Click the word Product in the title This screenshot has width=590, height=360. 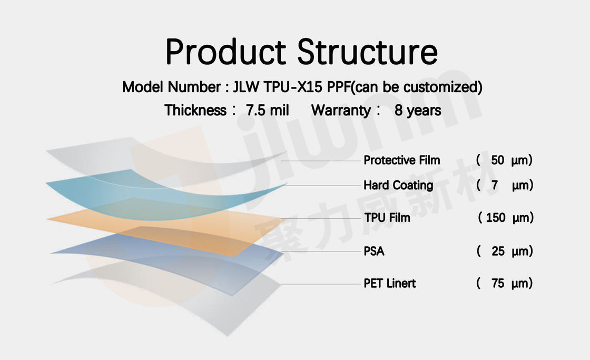tap(226, 52)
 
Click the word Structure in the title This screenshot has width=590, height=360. tap(368, 52)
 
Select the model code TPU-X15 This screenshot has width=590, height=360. tap(293, 87)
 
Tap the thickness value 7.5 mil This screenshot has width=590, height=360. tap(267, 110)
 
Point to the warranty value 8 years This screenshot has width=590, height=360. tap(418, 110)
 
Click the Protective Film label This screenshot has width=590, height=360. tap(401, 160)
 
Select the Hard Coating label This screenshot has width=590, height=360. tap(398, 186)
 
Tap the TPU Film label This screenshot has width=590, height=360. tap(387, 218)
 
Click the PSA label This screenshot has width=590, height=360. tap(374, 251)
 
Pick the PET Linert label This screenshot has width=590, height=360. tap(389, 283)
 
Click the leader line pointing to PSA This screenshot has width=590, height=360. tap(321, 251)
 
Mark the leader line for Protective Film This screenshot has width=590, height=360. tap(321, 161)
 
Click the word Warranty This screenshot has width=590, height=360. tap(341, 110)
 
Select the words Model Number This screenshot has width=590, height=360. tap(172, 87)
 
